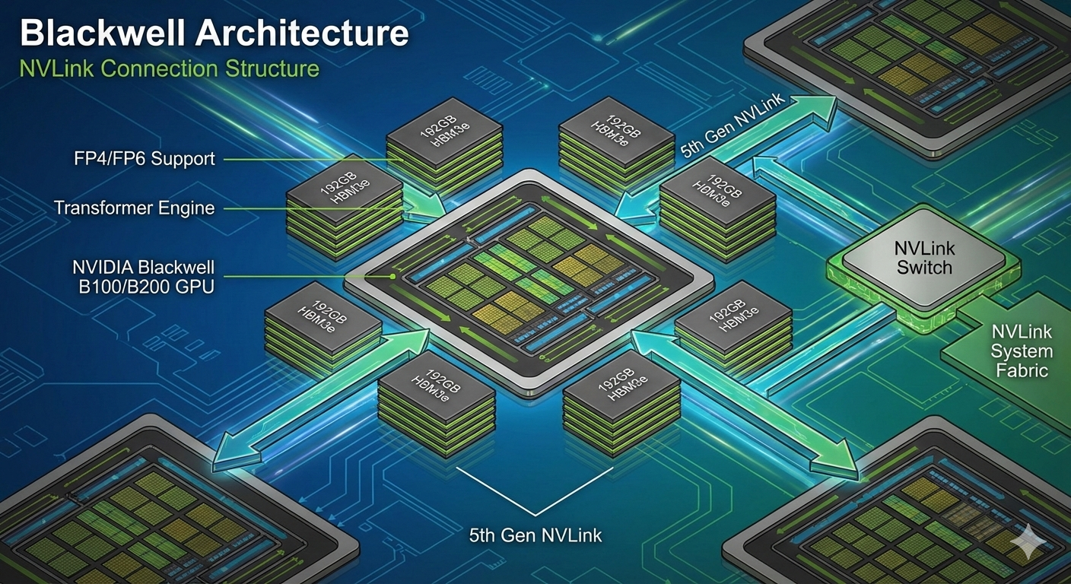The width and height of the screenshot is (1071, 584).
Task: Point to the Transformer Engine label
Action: pos(134,207)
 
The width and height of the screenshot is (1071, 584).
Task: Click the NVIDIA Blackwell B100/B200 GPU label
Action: pos(143,277)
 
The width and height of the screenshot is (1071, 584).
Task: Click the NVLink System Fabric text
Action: pos(1022,351)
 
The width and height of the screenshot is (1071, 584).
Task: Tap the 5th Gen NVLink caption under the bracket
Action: pos(535,535)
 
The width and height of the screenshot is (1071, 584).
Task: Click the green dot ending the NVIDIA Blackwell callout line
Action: pos(392,277)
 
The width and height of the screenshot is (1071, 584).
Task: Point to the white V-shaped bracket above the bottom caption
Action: pos(536,490)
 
